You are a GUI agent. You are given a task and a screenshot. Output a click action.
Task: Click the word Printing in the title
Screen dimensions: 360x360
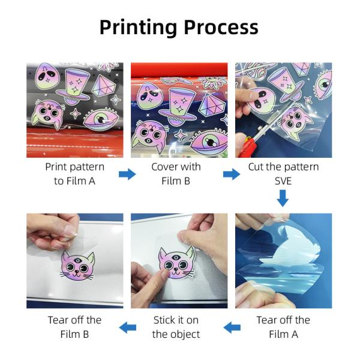(138, 28)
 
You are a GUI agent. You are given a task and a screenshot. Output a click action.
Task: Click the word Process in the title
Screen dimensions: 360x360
(221, 27)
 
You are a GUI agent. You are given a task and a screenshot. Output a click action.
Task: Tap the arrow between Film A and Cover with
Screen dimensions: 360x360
(127, 174)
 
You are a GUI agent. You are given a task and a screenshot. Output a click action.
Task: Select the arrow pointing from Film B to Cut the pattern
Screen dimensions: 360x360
(232, 174)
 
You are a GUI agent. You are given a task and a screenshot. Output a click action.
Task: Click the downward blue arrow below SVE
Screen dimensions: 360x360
(283, 198)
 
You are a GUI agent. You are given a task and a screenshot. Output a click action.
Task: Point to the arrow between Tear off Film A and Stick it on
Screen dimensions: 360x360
(232, 327)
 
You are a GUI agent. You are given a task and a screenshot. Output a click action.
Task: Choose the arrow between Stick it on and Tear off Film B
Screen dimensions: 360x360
(128, 327)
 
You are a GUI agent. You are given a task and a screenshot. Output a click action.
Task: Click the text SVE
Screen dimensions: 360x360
(283, 181)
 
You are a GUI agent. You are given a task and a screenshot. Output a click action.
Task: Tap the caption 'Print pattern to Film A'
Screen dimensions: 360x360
(74, 174)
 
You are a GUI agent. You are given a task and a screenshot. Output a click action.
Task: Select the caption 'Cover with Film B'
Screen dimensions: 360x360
(176, 174)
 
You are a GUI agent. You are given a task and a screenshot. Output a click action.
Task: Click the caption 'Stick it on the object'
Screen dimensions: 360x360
(176, 327)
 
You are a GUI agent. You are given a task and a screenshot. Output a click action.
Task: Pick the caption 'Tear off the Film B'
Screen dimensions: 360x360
(74, 327)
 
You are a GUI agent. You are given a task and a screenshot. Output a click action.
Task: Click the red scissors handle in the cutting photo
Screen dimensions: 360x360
(247, 147)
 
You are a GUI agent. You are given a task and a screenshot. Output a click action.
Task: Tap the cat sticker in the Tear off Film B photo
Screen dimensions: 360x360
(77, 266)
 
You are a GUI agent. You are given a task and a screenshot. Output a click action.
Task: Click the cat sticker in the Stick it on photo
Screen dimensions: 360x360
(177, 263)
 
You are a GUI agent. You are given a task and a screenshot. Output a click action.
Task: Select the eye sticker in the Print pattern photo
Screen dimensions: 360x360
(101, 120)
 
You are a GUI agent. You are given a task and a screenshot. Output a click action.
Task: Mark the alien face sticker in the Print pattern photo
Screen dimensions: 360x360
(46, 76)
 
